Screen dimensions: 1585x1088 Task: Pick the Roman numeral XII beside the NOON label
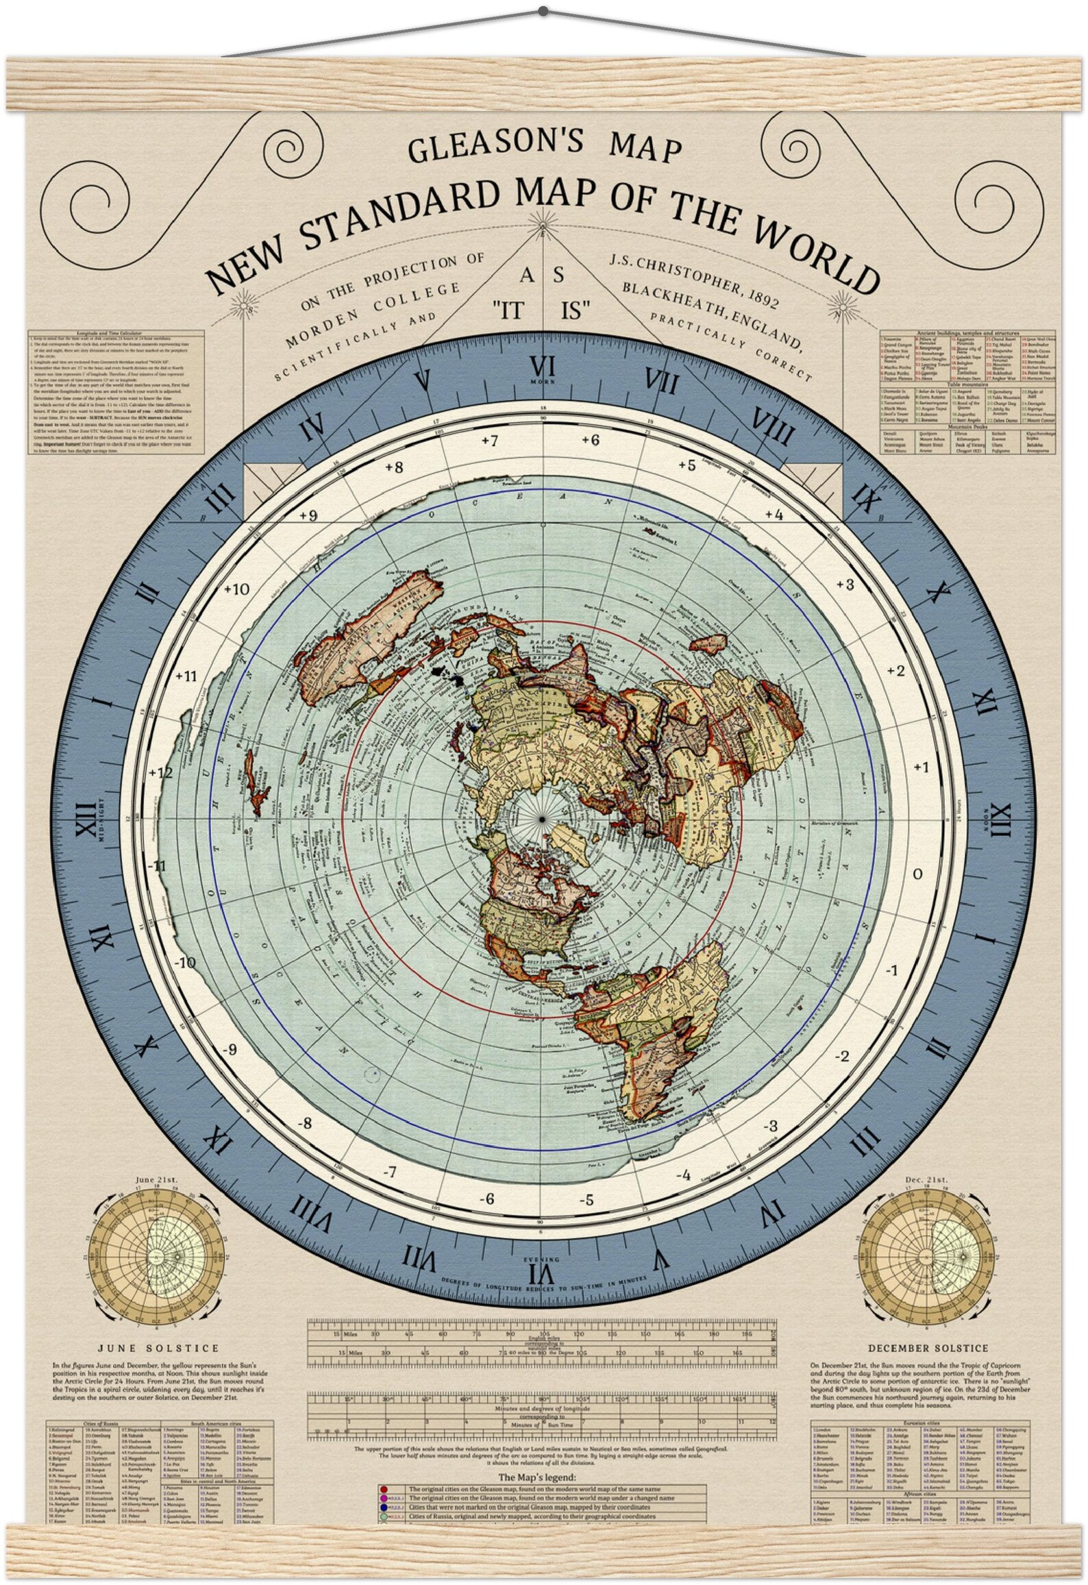click(1001, 820)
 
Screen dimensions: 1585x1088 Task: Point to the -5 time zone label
click(586, 1201)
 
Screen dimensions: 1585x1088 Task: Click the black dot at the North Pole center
click(542, 820)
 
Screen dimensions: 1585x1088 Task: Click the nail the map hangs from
click(543, 11)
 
